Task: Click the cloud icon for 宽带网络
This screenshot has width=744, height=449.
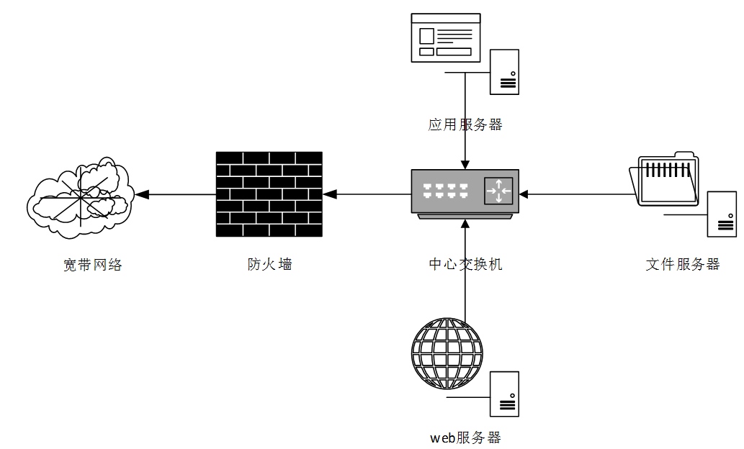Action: (x=79, y=196)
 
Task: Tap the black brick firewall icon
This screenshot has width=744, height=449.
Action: (x=269, y=194)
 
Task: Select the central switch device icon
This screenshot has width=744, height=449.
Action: (x=465, y=193)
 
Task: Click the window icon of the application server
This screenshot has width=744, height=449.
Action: (x=445, y=37)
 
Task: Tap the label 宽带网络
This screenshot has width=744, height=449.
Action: (x=93, y=265)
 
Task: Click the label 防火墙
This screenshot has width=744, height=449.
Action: (x=269, y=264)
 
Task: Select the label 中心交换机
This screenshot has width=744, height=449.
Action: (x=465, y=264)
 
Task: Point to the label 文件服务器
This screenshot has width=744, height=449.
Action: (x=682, y=264)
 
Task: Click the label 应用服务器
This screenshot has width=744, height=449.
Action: (x=465, y=124)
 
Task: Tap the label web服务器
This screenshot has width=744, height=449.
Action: (x=465, y=437)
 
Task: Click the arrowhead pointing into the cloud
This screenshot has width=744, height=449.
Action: (x=142, y=194)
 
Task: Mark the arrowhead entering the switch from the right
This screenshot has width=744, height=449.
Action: (x=524, y=194)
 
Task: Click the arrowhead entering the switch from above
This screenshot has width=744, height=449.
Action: (x=465, y=164)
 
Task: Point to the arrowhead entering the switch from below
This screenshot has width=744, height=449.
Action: (x=465, y=222)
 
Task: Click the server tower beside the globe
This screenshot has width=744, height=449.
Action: (x=504, y=394)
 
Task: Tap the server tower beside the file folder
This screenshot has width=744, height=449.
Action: (x=722, y=214)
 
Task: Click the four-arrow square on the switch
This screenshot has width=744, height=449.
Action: (x=498, y=191)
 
